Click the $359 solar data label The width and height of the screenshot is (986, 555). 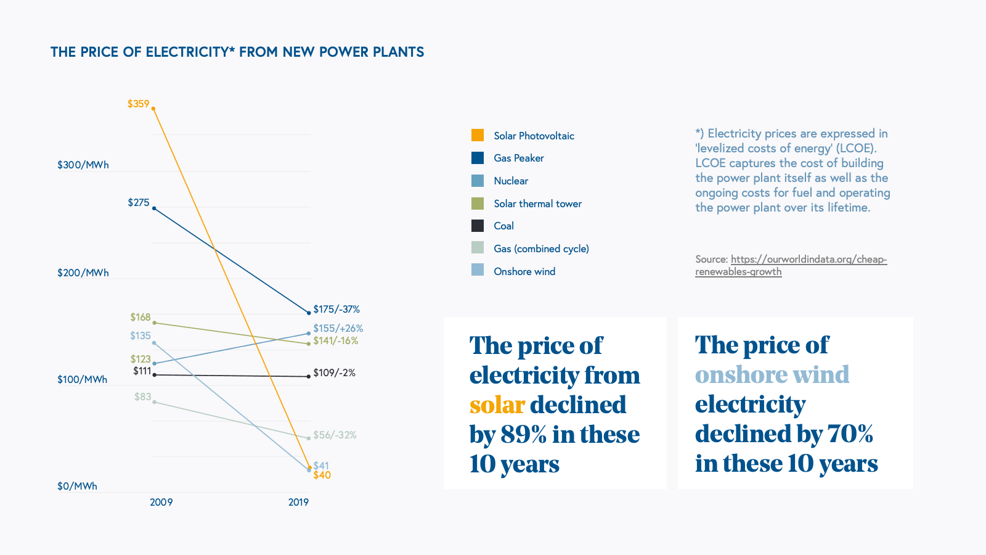pyautogui.click(x=138, y=104)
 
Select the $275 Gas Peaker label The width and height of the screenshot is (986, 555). pyautogui.click(x=139, y=202)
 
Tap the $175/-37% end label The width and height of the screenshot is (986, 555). pyautogui.click(x=336, y=309)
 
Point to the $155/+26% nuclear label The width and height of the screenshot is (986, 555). pyautogui.click(x=338, y=328)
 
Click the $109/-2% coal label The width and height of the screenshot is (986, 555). pyautogui.click(x=334, y=372)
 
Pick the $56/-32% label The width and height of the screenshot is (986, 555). pyautogui.click(x=335, y=435)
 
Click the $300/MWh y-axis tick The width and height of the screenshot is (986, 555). pyautogui.click(x=83, y=165)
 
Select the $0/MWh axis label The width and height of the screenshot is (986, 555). pyautogui.click(x=77, y=486)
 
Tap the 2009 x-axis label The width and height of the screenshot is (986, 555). pyautogui.click(x=161, y=502)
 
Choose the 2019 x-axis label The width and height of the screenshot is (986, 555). pyautogui.click(x=298, y=502)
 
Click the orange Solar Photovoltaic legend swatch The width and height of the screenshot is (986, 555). pyautogui.click(x=478, y=135)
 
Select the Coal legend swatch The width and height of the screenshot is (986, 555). pyautogui.click(x=478, y=226)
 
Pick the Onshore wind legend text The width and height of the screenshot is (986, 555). pyautogui.click(x=524, y=271)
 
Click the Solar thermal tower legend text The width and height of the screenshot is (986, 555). pyautogui.click(x=537, y=203)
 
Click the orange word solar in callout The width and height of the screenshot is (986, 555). pyautogui.click(x=497, y=405)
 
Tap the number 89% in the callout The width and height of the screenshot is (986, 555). pyautogui.click(x=523, y=435)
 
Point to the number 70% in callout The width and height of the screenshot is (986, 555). pyautogui.click(x=850, y=434)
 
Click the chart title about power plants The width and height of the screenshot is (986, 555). pyautogui.click(x=237, y=52)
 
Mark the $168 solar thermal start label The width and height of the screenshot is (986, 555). pyautogui.click(x=140, y=317)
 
